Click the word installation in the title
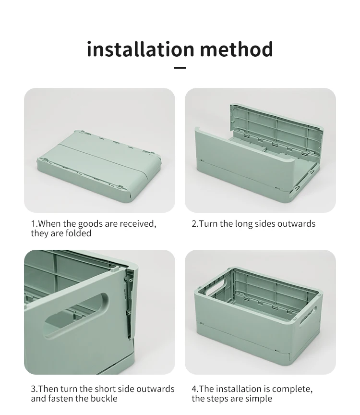[x=141, y=49]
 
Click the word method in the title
[x=237, y=49]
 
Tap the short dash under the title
[x=180, y=68]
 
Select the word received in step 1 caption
[x=138, y=224]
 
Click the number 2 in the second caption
[x=194, y=224]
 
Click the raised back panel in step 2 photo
[x=276, y=130]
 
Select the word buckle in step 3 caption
[x=104, y=398]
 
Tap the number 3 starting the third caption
[x=34, y=389]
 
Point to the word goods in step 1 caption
[x=90, y=224]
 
